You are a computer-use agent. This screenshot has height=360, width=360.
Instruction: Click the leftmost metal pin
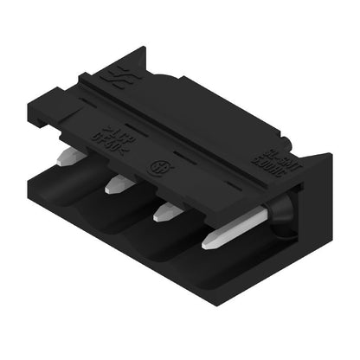point(70,157)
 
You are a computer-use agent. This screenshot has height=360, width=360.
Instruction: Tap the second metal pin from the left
point(119,183)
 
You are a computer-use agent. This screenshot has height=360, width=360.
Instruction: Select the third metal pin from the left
point(168,211)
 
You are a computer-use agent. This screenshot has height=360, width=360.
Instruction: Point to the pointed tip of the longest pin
point(205,247)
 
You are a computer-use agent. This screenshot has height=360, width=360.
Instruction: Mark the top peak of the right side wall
point(330,155)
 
